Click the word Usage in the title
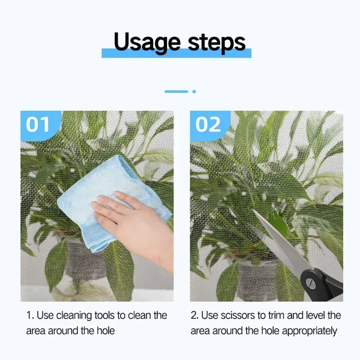click(x=147, y=42)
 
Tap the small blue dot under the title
click(x=194, y=92)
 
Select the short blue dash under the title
click(x=176, y=92)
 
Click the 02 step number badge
click(x=208, y=125)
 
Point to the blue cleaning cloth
click(x=108, y=202)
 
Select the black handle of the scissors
click(x=321, y=286)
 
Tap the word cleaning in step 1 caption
click(x=74, y=316)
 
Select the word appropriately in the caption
click(x=310, y=331)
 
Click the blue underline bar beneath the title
click(x=176, y=53)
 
